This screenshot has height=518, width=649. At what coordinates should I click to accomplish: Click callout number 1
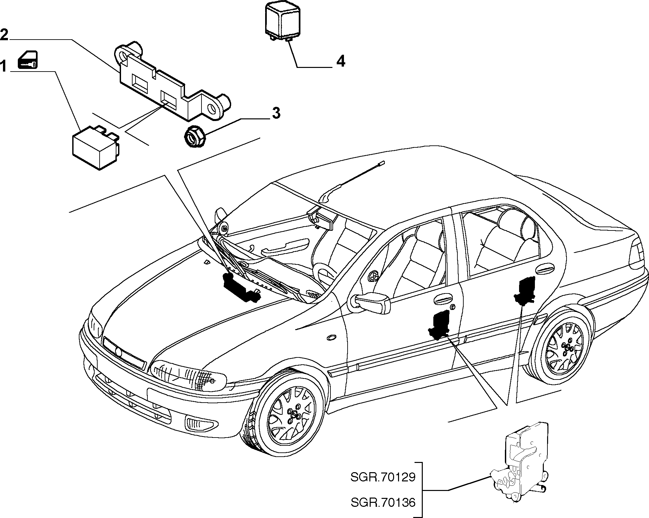pyautogui.click(x=3, y=67)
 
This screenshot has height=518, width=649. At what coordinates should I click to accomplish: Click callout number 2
pyautogui.click(x=4, y=35)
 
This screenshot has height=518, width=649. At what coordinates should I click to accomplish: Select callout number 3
pyautogui.click(x=276, y=113)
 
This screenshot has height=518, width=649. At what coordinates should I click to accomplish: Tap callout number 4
pyautogui.click(x=341, y=61)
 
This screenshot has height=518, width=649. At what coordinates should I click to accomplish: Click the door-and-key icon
pyautogui.click(x=28, y=60)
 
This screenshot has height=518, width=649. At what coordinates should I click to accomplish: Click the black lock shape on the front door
pyautogui.click(x=439, y=325)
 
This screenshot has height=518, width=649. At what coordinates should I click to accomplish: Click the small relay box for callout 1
pyautogui.click(x=96, y=147)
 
